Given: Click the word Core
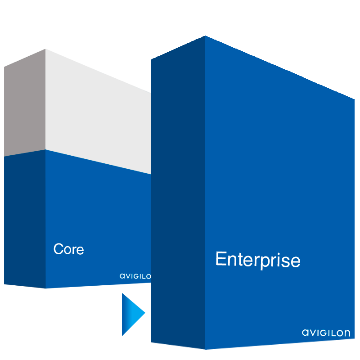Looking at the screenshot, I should [x=68, y=249].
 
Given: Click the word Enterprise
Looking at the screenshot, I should [x=258, y=260].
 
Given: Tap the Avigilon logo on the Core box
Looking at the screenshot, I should [x=135, y=276].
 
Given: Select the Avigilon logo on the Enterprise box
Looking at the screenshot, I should [x=326, y=333].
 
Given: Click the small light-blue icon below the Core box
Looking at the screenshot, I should [x=134, y=314].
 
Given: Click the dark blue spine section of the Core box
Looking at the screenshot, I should [x=25, y=220].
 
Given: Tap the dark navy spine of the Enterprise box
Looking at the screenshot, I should [x=178, y=193].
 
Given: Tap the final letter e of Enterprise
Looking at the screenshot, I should [x=296, y=261].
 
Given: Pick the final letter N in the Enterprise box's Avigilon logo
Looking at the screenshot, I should [x=346, y=333].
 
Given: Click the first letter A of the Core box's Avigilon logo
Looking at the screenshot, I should [x=122, y=276].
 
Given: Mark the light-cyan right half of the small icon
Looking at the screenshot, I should [x=139, y=314].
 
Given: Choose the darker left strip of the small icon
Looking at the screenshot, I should [x=126, y=314].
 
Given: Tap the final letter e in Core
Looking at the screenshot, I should [x=80, y=250].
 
